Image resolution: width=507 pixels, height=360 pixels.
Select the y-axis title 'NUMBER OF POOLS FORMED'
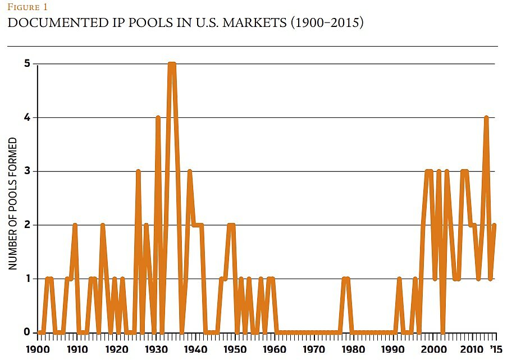coord(13,204)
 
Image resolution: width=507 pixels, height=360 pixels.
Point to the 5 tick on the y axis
coord(26,64)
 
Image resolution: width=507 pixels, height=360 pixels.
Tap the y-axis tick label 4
coord(26,118)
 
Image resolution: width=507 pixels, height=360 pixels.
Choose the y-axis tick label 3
coord(26,171)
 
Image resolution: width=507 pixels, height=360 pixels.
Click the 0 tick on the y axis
coord(26,332)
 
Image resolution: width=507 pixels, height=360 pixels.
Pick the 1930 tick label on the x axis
coord(154,348)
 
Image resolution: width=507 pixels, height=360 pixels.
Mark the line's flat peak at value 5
coord(172,64)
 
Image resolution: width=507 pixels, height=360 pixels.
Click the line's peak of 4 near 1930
coord(158,117)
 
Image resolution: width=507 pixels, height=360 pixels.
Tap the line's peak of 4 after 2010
coord(486,117)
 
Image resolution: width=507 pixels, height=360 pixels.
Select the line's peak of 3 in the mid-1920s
coord(138,171)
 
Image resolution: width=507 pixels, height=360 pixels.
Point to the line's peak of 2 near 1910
coord(75,225)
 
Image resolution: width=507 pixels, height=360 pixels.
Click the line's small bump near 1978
coord(346,279)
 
